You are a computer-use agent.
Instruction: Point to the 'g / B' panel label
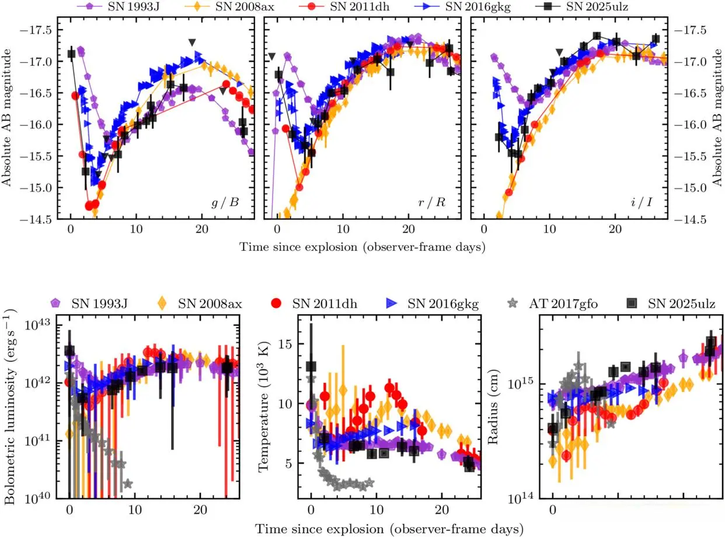[226, 203]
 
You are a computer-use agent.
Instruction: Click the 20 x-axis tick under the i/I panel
[615, 230]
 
